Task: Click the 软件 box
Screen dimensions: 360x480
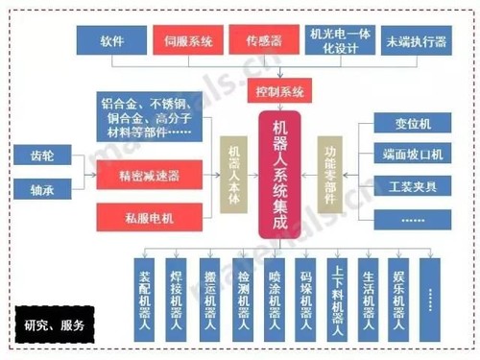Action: coord(111,41)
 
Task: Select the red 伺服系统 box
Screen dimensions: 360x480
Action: coord(187,41)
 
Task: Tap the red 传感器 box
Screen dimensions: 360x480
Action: coord(263,41)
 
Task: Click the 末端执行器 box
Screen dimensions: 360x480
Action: coord(416,41)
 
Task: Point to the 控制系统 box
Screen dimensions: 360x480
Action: coord(279,93)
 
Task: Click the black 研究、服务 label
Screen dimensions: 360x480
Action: coord(55,324)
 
